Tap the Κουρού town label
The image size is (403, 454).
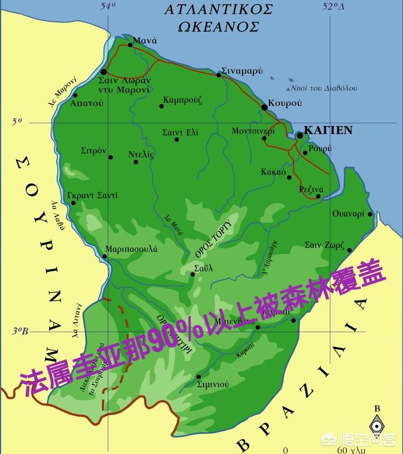click(x=285, y=102)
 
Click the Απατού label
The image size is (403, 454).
click(x=87, y=103)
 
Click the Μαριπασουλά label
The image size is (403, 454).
click(x=132, y=249)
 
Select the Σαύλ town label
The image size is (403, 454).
click(x=204, y=267)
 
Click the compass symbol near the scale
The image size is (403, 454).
click(x=377, y=426)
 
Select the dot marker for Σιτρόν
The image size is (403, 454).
click(x=111, y=157)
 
